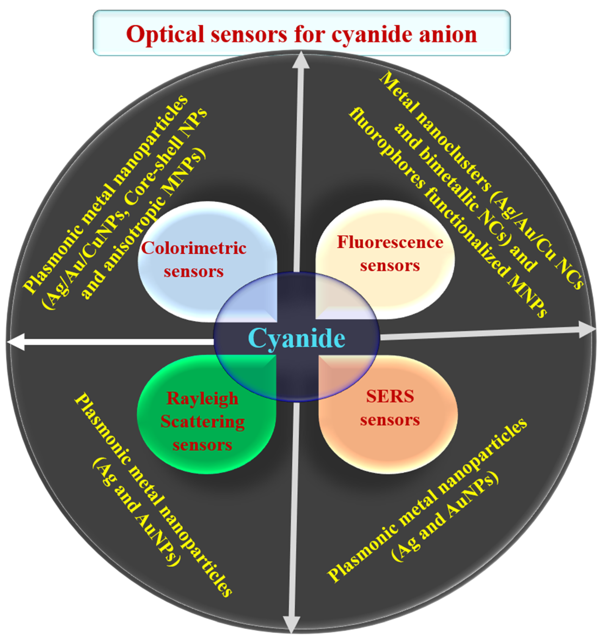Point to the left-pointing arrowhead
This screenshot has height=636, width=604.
point(15,342)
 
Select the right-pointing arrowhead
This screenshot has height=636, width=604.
point(587,330)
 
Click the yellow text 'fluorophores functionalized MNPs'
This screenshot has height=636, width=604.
point(448,212)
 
